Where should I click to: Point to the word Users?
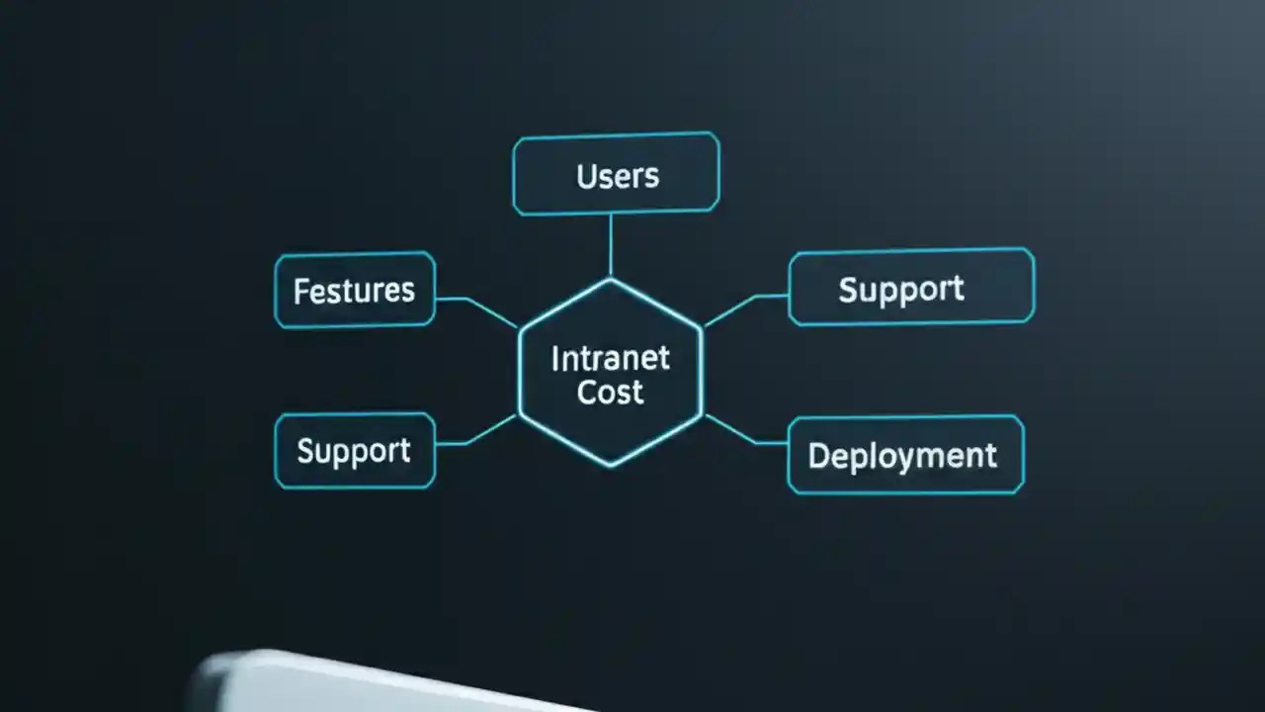[x=618, y=177]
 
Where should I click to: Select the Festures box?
[x=355, y=290]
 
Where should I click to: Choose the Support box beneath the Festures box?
[x=355, y=451]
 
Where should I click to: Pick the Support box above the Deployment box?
[x=911, y=287]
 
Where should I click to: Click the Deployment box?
[x=905, y=455]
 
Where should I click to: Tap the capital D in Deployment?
[x=818, y=456]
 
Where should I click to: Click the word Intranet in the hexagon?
[x=610, y=358]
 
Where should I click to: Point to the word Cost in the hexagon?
[x=610, y=392]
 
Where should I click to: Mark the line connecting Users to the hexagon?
[x=611, y=244]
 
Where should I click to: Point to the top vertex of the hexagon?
[x=611, y=280]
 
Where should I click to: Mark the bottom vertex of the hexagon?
[x=611, y=465]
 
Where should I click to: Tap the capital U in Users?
[x=585, y=177]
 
